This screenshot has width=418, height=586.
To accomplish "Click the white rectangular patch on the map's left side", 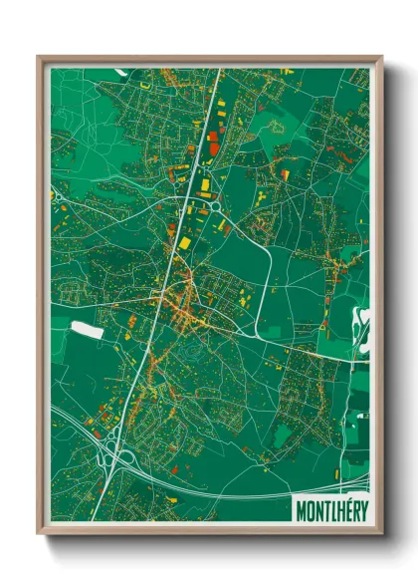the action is pos(87,328).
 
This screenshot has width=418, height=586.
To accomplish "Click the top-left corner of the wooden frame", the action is pos(40,58).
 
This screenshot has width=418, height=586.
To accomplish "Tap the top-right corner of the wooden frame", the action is pos(380,58).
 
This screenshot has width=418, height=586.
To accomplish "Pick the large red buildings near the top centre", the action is pos(213,140).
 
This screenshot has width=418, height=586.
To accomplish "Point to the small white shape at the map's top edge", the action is pos(119,71).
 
